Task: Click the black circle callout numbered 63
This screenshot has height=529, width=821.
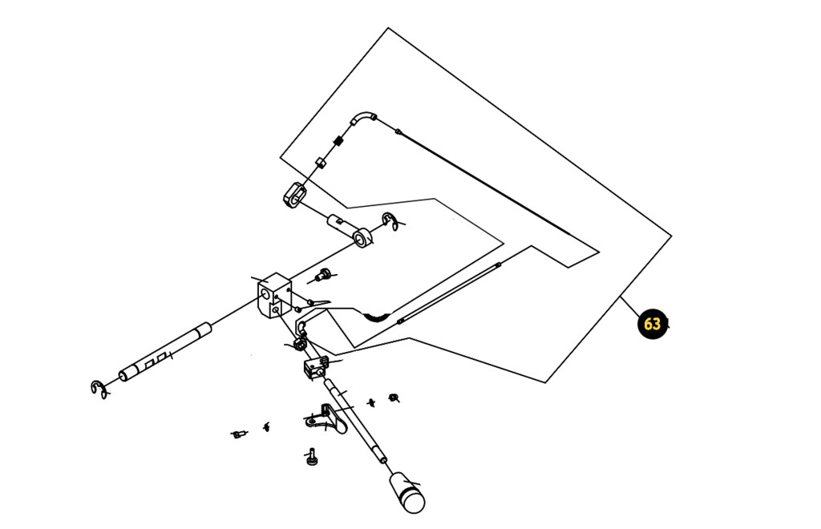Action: tap(653, 324)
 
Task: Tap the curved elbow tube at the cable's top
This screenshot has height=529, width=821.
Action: tap(362, 117)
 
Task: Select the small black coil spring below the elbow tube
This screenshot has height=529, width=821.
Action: tap(338, 140)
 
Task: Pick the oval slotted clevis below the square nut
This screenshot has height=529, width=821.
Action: tap(295, 195)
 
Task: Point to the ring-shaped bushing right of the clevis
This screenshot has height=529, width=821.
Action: tap(362, 237)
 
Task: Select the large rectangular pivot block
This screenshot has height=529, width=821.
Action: tap(273, 296)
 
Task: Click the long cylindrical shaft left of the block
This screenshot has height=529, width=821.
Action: tap(165, 352)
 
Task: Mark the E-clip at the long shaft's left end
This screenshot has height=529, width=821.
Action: tap(99, 390)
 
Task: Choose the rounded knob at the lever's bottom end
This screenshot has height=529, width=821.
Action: tap(407, 492)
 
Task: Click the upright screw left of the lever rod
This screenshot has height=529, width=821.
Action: tap(312, 457)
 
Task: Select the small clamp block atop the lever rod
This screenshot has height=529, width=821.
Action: tap(316, 367)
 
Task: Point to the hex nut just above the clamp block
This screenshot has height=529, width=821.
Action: tap(300, 345)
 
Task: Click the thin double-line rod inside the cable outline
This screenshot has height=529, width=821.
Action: tap(449, 293)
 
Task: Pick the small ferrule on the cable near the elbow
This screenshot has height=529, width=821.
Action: tap(398, 131)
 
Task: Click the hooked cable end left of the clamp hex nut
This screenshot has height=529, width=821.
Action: tap(302, 326)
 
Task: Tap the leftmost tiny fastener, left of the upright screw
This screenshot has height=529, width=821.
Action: tap(238, 434)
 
